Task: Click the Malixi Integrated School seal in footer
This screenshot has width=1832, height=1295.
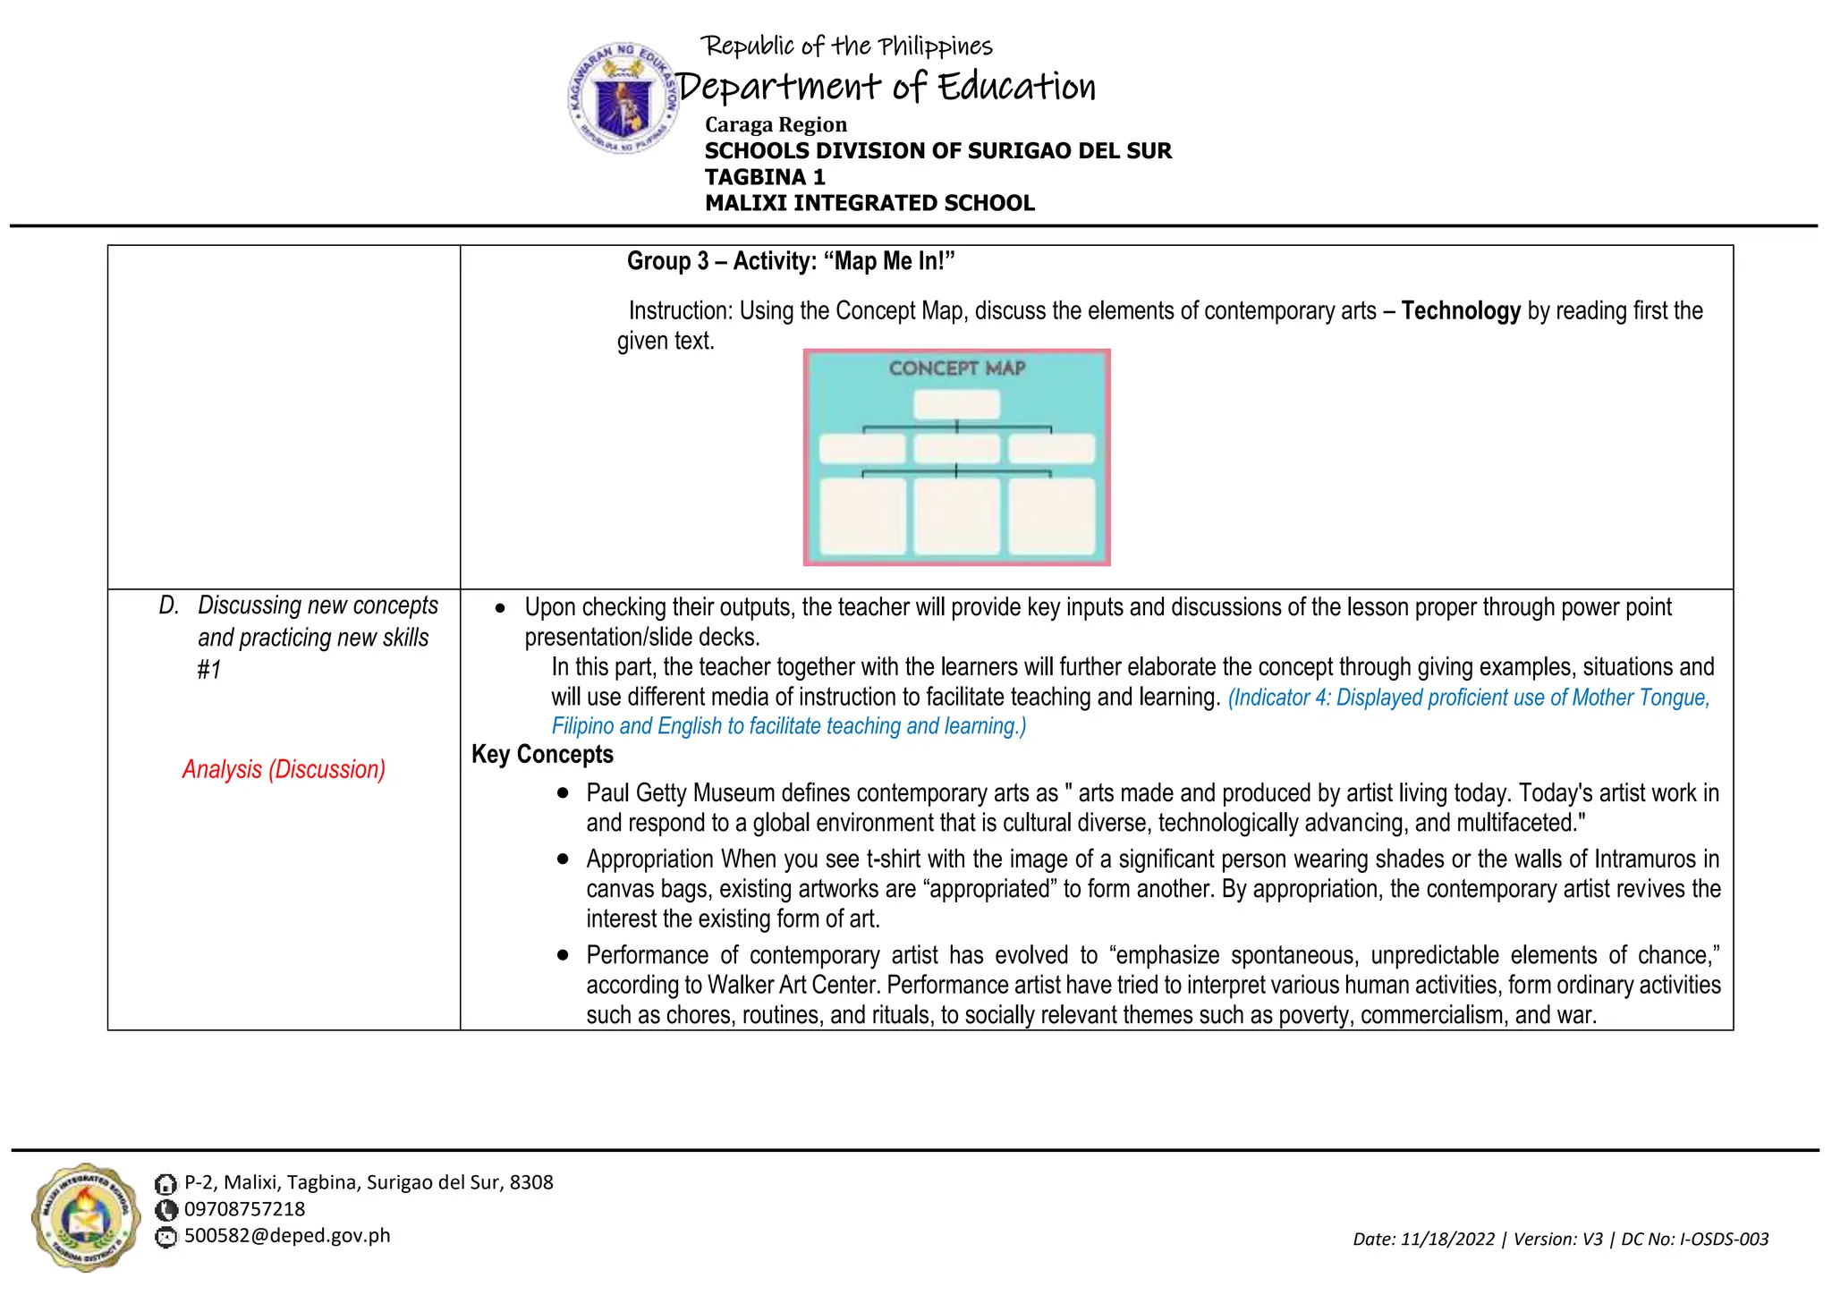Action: pyautogui.click(x=86, y=1217)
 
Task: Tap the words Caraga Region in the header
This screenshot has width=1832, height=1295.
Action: pyautogui.click(x=775, y=124)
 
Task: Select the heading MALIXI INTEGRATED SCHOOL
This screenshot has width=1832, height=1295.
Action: pyautogui.click(x=869, y=203)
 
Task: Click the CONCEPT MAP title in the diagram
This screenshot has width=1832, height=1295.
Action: pyautogui.click(x=956, y=368)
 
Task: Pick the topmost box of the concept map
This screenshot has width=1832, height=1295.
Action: pyautogui.click(x=956, y=404)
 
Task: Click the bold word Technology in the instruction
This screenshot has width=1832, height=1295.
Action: pyautogui.click(x=1460, y=310)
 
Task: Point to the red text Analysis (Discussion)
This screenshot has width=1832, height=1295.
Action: pyautogui.click(x=284, y=769)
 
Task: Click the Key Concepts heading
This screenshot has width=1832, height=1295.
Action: pyautogui.click(x=542, y=754)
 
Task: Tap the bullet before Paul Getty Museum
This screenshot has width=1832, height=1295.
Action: pyautogui.click(x=563, y=793)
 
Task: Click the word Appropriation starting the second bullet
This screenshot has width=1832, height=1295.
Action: pyautogui.click(x=649, y=859)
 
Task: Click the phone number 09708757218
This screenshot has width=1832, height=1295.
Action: pyautogui.click(x=244, y=1209)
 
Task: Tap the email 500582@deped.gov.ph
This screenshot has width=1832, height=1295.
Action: pyautogui.click(x=287, y=1236)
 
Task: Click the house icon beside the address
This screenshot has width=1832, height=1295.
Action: pyautogui.click(x=165, y=1184)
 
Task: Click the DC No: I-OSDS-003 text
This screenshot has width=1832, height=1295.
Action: pyautogui.click(x=1694, y=1240)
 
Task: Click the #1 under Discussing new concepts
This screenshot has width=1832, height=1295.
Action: pyautogui.click(x=208, y=669)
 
